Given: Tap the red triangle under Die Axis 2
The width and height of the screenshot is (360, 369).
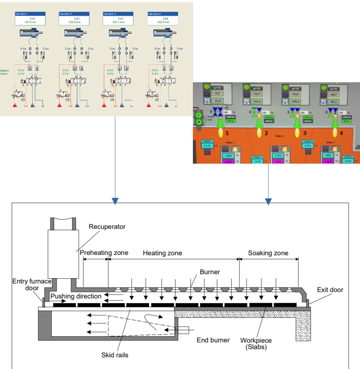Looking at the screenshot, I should click(x=60, y=104).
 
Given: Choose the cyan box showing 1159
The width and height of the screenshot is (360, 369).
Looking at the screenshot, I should click(x=350, y=161).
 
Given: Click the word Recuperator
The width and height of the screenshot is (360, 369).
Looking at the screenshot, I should click(x=107, y=227).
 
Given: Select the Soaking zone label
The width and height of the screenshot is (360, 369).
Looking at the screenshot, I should click(x=268, y=253).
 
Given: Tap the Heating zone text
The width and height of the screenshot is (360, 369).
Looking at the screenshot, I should click(x=162, y=253).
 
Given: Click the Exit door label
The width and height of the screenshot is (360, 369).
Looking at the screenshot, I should click(x=330, y=290).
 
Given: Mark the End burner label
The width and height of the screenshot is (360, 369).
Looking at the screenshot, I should click(x=213, y=340).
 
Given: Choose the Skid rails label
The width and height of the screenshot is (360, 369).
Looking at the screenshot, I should click(x=115, y=355).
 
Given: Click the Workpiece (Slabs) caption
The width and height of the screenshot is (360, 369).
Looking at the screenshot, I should click(x=256, y=343).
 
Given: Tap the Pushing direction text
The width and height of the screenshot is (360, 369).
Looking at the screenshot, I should click(x=76, y=296).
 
